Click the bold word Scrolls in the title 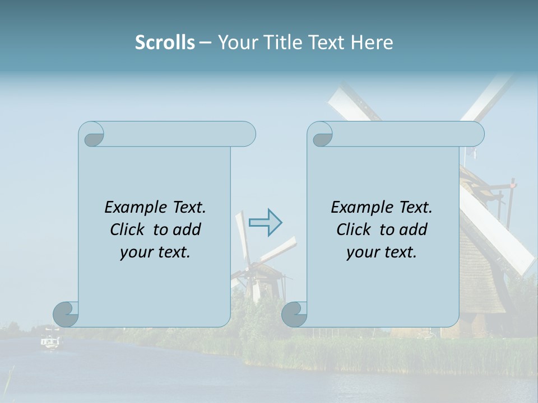pyautogui.click(x=165, y=43)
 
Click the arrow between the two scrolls pyautogui.click(x=265, y=222)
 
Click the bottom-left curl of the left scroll pyautogui.click(x=66, y=314)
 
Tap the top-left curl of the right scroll pyautogui.click(x=322, y=135)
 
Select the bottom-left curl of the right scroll pyautogui.click(x=294, y=314)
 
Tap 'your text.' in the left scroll pyautogui.click(x=155, y=252)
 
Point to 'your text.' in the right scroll pyautogui.click(x=382, y=252)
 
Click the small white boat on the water pyautogui.click(x=50, y=341)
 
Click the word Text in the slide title pyautogui.click(x=327, y=43)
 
